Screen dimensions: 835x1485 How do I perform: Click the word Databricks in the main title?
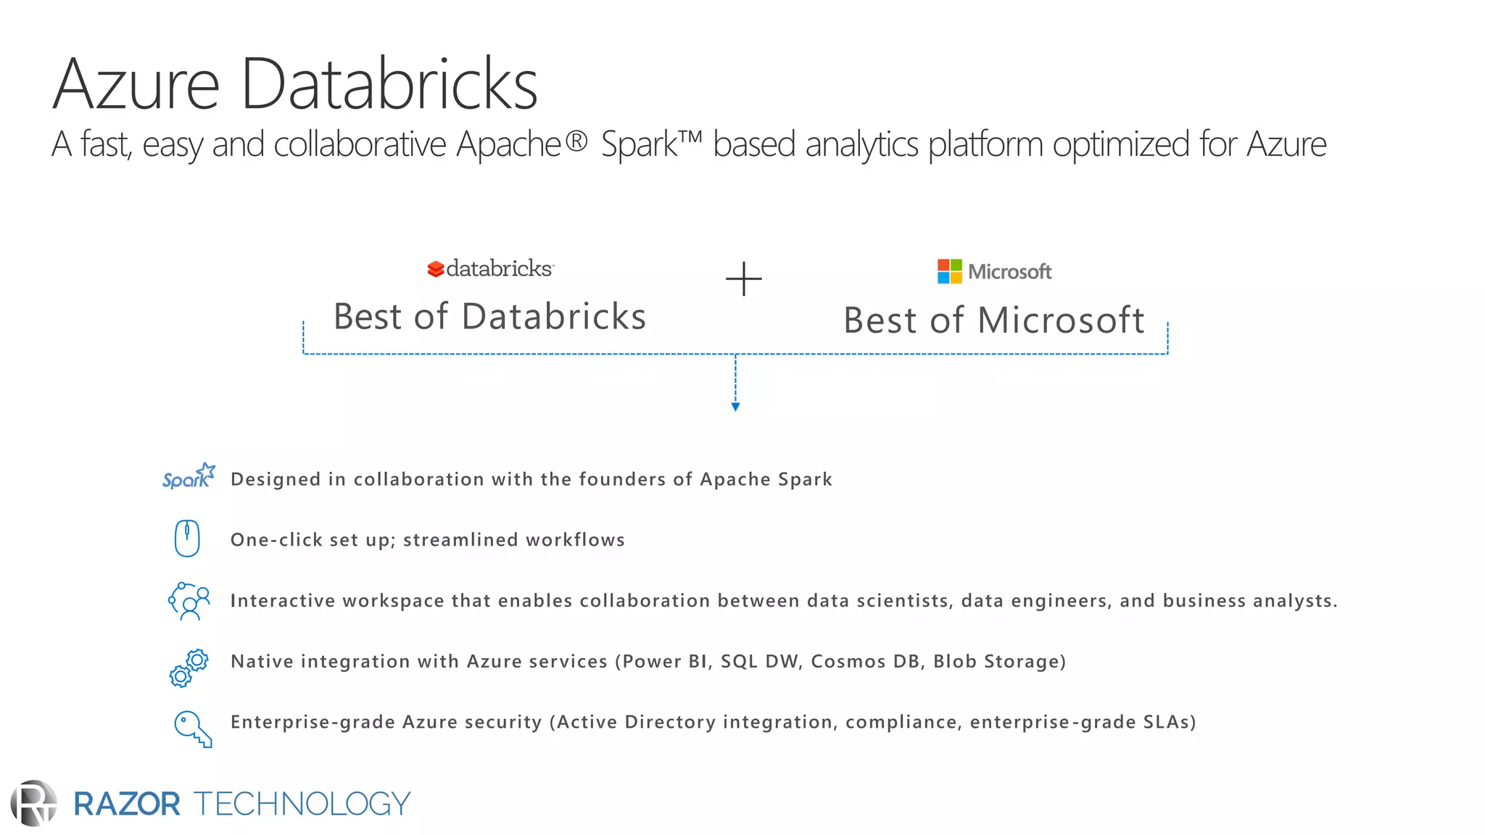[389, 85]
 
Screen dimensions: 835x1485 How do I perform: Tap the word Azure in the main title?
[136, 85]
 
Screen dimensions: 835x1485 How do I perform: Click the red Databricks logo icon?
[435, 269]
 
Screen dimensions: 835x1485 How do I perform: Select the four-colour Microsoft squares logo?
[949, 271]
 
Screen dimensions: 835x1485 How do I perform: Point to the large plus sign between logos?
[744, 279]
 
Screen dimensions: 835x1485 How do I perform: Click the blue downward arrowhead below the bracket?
[735, 407]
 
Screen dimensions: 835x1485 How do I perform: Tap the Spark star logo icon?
[189, 476]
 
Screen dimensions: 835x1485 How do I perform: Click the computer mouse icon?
[187, 539]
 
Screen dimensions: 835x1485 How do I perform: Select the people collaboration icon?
[189, 601]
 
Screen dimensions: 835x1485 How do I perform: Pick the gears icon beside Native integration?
[189, 668]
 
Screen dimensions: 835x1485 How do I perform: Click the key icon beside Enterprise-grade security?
[192, 728]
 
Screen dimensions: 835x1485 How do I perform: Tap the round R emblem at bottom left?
[34, 803]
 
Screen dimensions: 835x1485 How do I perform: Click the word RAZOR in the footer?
[127, 804]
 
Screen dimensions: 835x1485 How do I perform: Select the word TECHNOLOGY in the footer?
[302, 804]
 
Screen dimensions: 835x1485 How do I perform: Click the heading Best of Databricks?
[489, 317]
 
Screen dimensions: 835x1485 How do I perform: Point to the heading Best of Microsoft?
[993, 320]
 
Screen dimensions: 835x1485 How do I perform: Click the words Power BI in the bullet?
[665, 661]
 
